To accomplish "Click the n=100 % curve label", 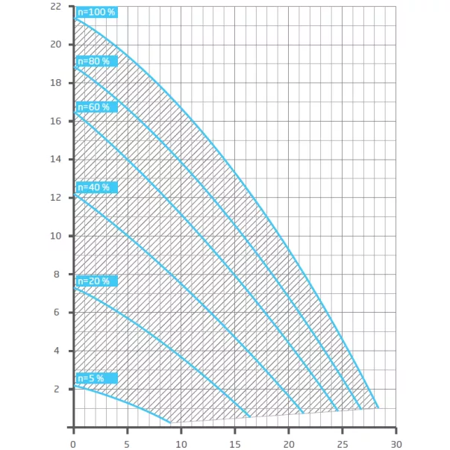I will pos(97,12).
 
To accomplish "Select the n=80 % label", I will pos(96,61).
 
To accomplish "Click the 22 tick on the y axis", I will pos(57,6).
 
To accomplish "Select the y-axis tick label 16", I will pos(57,121).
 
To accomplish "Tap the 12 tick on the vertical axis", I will pos(57,198).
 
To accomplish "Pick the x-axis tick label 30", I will pos(396,440).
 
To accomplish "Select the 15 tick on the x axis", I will pos(234,440).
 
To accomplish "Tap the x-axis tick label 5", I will pos(128,440).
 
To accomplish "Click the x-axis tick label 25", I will pos(342,440).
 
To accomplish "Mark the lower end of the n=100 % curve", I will pos(378,407).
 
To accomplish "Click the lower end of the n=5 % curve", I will pos(171,422).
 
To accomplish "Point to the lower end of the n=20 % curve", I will pos(249,416).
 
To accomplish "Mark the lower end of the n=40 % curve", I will pos(303,413).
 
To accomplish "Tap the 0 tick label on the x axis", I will pos(73,440).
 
